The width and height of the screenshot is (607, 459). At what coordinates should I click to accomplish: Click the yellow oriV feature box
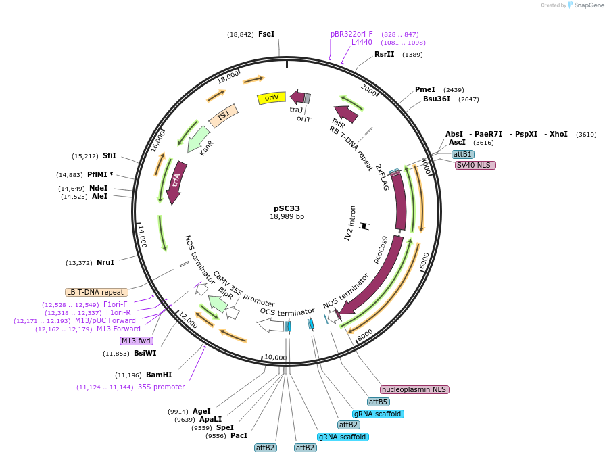(271, 98)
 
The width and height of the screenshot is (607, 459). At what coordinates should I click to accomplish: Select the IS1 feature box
(223, 116)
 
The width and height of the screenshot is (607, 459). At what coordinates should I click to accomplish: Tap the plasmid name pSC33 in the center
(287, 208)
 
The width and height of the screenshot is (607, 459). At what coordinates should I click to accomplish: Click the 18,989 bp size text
(287, 217)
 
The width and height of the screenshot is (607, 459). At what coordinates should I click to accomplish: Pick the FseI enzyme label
(266, 34)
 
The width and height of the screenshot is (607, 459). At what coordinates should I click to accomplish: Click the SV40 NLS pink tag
(475, 165)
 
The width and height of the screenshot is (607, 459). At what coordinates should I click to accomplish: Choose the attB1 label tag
(463, 155)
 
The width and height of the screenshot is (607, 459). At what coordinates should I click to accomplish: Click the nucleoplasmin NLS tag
(414, 389)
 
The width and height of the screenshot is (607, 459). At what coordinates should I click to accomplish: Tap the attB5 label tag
(379, 402)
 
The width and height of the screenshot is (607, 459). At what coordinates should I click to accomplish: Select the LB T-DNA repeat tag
(95, 292)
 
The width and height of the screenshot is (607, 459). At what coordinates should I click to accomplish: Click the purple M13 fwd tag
(136, 341)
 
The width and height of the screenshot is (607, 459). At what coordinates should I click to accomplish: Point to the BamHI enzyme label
(159, 375)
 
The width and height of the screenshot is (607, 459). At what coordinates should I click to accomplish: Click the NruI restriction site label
(105, 262)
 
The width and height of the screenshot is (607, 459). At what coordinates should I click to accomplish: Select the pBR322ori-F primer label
(351, 34)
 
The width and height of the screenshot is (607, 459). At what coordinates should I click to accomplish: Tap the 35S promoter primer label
(161, 387)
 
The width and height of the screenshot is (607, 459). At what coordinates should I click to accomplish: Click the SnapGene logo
(586, 5)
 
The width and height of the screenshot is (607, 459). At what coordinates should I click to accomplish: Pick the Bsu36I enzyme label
(437, 99)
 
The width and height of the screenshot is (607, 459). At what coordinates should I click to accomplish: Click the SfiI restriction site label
(110, 155)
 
